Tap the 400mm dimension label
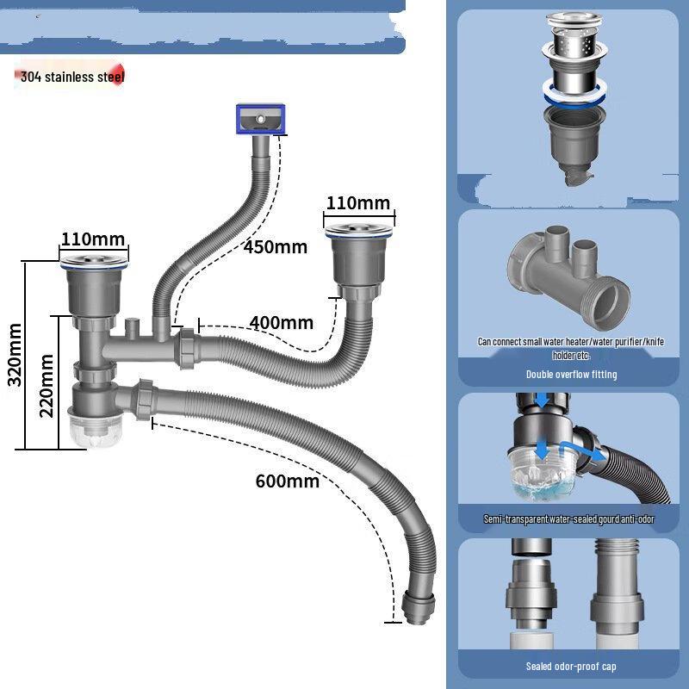[281, 323]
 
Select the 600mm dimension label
[287, 481]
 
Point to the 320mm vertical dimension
[15, 355]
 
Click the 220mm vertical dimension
[47, 385]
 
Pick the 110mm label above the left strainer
[92, 239]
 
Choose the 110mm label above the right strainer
[357, 204]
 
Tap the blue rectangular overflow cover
[258, 118]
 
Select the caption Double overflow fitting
[572, 375]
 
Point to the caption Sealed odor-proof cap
[572, 666]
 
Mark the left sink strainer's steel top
[95, 256]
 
